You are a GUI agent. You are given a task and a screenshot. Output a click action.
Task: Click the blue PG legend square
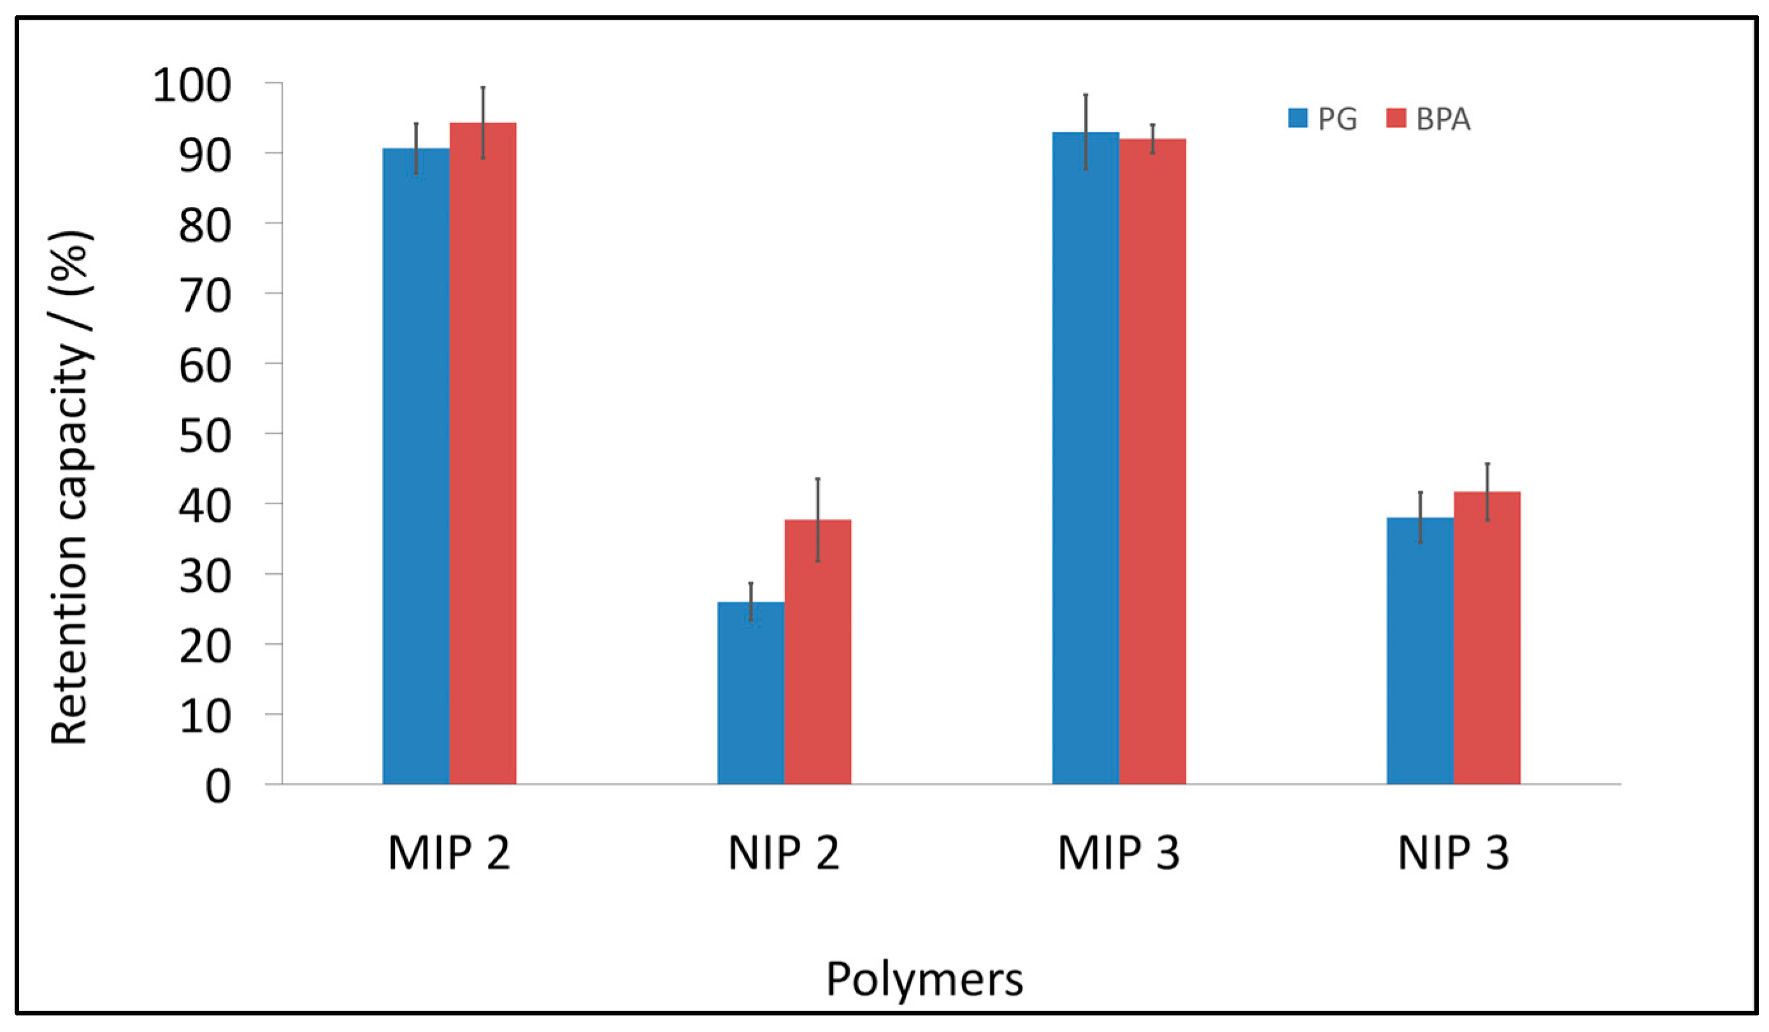(1298, 118)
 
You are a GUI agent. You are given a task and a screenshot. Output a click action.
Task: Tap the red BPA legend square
(1396, 118)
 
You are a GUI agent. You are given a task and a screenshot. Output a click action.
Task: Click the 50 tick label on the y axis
(205, 436)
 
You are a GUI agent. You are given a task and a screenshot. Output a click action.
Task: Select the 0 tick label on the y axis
(218, 787)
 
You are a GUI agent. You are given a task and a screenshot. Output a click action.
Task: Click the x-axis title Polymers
(924, 978)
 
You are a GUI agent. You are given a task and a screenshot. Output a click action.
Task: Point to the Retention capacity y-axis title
(70, 488)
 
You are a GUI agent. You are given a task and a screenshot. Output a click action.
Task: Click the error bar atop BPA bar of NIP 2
(818, 520)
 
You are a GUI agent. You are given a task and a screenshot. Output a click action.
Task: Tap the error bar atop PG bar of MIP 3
(1085, 131)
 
